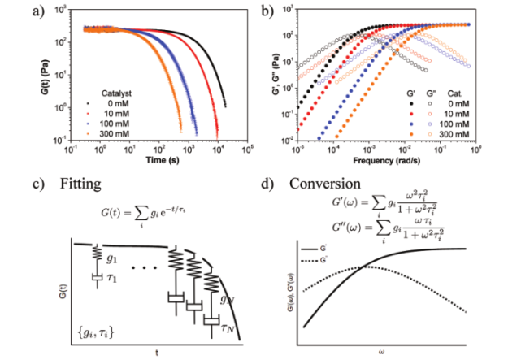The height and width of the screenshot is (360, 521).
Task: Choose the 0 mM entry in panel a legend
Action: tap(119, 103)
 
